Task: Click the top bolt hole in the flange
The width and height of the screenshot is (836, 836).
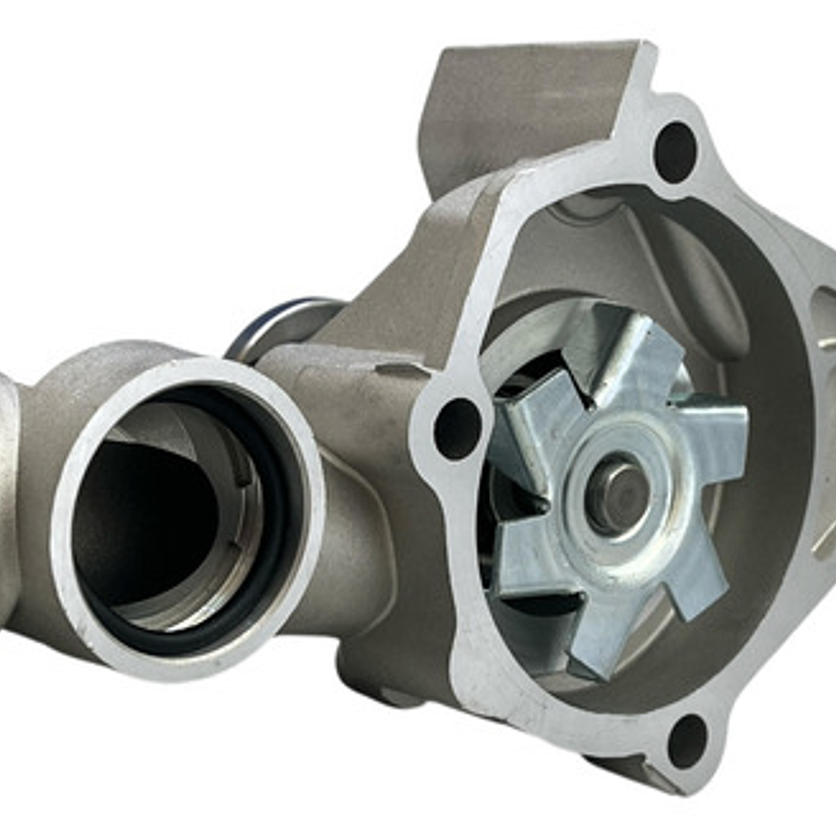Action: pos(675,151)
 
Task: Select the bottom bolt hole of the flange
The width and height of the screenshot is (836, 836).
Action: pos(686,741)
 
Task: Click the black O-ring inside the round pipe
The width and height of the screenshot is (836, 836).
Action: pos(287,496)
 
